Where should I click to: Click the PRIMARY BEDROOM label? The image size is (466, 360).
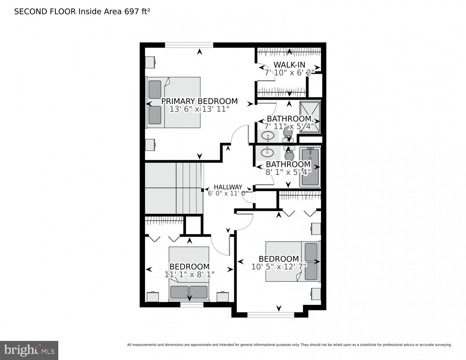click(x=199, y=101)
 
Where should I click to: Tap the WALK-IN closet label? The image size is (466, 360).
click(x=289, y=65)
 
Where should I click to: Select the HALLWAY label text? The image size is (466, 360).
click(x=228, y=187)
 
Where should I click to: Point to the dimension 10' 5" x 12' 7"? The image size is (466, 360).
click(x=279, y=267)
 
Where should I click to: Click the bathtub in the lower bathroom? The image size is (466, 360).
click(x=310, y=167)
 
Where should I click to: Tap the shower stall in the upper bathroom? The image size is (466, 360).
click(x=310, y=117)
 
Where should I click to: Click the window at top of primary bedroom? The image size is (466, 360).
click(x=189, y=45)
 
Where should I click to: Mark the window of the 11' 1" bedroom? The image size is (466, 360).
click(x=192, y=305)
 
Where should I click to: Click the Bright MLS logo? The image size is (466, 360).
click(x=29, y=350)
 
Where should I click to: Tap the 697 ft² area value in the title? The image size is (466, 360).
click(x=137, y=12)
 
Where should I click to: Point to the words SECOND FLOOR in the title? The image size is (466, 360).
click(x=45, y=12)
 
